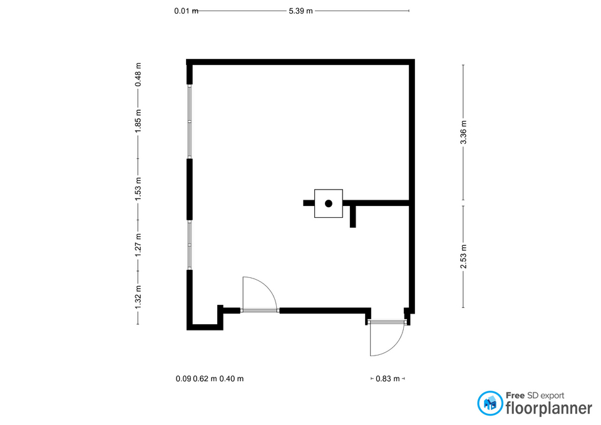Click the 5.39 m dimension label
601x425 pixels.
[300, 11]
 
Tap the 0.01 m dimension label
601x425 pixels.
[187, 11]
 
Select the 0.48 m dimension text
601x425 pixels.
[138, 74]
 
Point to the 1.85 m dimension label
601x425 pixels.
[138, 121]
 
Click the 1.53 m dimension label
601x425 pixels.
[138, 188]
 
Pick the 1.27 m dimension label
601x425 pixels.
[138, 245]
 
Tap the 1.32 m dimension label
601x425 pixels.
[138, 297]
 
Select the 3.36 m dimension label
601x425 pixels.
[463, 132]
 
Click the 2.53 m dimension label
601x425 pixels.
[463, 257]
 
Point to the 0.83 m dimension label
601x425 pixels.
[388, 379]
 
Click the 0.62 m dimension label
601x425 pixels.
[205, 379]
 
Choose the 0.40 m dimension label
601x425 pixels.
[232, 379]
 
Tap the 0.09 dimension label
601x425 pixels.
[183, 379]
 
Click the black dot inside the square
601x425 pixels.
[329, 203]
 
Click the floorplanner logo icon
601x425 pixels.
[490, 403]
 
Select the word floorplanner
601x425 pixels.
[549, 408]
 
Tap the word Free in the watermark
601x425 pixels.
[515, 396]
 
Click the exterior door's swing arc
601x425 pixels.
[394, 346]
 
